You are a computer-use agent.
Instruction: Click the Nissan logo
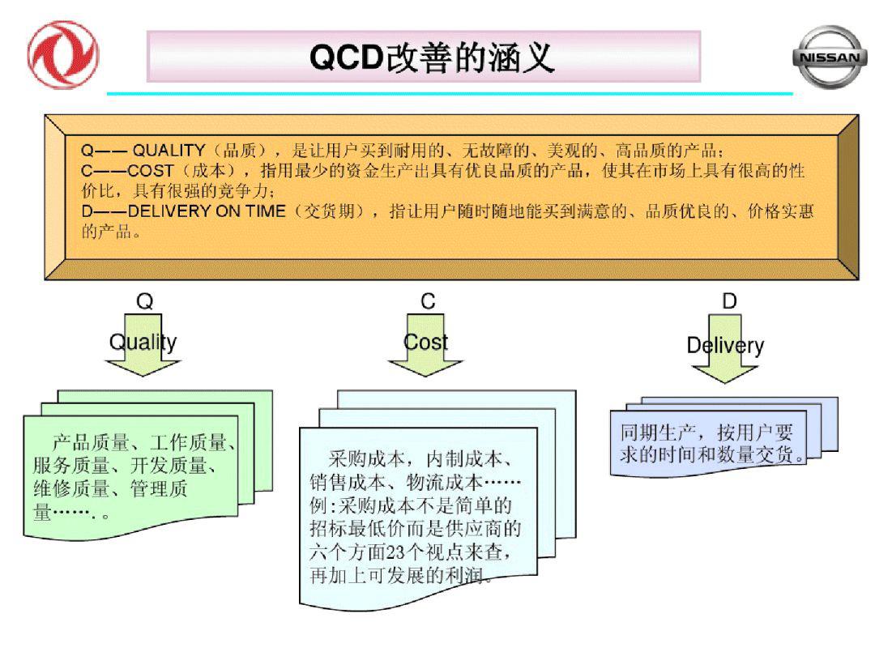point(829,56)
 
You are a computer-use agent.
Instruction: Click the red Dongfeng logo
point(63,55)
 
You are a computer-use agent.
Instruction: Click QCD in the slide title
point(347,58)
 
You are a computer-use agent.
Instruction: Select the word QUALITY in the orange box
point(169,150)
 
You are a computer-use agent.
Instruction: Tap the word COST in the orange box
point(151,171)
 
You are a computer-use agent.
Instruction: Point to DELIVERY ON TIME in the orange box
point(207,211)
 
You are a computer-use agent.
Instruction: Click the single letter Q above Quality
point(144,302)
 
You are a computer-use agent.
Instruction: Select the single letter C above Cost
point(428,302)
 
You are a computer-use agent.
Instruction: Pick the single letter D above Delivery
point(729,302)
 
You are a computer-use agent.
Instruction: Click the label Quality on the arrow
point(143,342)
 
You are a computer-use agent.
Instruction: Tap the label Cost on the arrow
point(425,342)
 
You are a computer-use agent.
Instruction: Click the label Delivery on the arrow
point(725,346)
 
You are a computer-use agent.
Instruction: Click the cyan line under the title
point(450,94)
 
